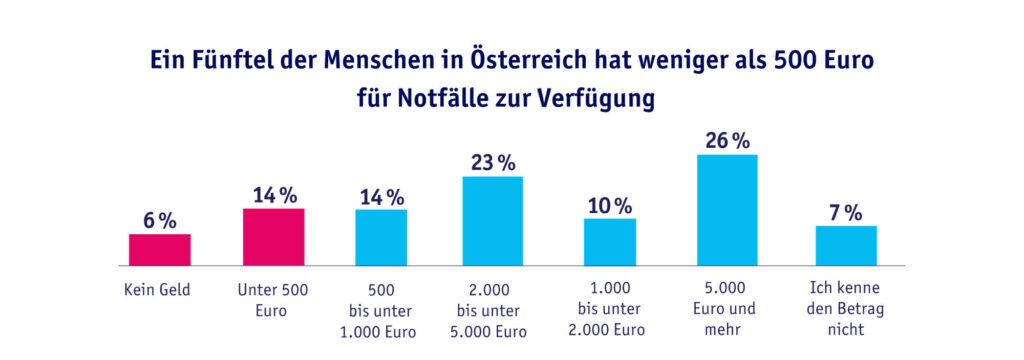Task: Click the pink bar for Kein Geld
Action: point(159,250)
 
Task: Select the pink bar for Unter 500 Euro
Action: point(273,237)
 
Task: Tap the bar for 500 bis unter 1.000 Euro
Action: point(381,238)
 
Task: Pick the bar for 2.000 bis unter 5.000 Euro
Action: point(492,221)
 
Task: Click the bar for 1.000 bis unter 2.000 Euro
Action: point(609,242)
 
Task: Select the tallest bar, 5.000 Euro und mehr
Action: point(726,210)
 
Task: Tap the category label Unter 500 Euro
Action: point(272,300)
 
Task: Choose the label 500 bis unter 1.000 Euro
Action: point(381,310)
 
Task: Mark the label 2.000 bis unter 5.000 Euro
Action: point(492,310)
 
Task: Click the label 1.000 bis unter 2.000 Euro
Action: point(609,310)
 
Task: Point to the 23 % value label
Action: point(492,162)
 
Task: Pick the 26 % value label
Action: point(726,141)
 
